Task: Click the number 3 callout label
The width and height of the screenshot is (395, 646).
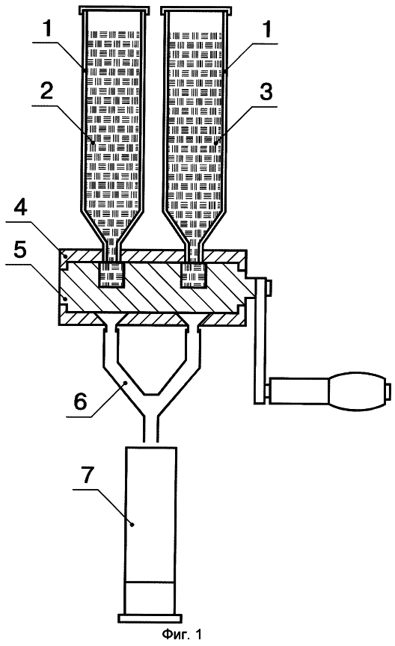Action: [x=266, y=92]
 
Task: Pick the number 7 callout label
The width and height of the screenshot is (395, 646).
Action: [x=88, y=476]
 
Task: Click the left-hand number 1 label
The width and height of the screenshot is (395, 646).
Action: [x=48, y=29]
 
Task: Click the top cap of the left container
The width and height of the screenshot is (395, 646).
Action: [x=114, y=9]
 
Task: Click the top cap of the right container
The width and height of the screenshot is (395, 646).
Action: [x=195, y=9]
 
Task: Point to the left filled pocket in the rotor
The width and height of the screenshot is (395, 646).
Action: [x=111, y=274]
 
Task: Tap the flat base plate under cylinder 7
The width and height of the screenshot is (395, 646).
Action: [x=150, y=618]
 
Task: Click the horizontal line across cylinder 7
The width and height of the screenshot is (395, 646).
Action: [x=151, y=582]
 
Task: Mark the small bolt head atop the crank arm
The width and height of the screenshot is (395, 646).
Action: [x=269, y=288]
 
